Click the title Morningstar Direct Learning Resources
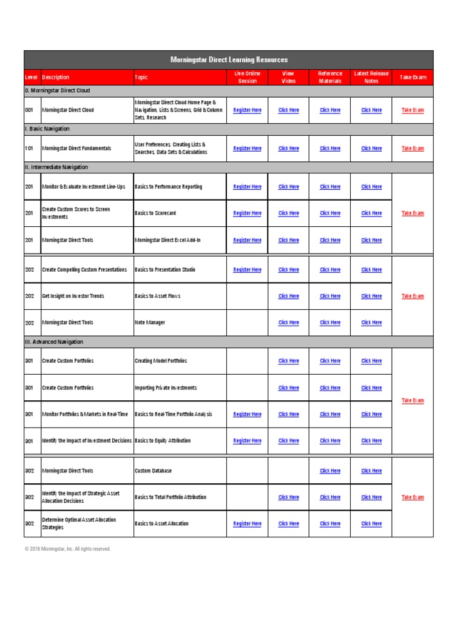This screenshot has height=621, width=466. tap(229, 60)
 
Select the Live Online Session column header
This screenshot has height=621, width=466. tap(247, 77)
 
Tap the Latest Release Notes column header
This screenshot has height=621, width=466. tap(371, 77)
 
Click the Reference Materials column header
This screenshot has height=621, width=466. tap(330, 77)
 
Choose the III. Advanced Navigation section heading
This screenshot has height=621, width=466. tap(54, 342)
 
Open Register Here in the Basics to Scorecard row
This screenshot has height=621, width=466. tap(247, 213)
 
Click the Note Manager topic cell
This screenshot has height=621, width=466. tap(150, 323)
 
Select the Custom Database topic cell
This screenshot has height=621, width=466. tap(153, 471)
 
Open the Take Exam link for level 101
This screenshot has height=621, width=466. tap(413, 149)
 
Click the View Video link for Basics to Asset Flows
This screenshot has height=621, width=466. tap(288, 297)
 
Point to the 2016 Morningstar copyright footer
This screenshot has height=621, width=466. tap(68, 549)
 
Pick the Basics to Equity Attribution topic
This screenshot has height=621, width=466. tap(163, 441)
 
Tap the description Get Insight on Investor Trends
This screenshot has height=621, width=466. tap(73, 297)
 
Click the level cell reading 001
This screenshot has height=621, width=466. tap(29, 110)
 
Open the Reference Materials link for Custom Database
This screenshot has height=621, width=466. tap(330, 471)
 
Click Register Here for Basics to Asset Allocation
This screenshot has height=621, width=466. tap(247, 524)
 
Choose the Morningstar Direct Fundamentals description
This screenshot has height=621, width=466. tap(76, 149)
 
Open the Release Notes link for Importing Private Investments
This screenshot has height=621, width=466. tap(371, 388)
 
